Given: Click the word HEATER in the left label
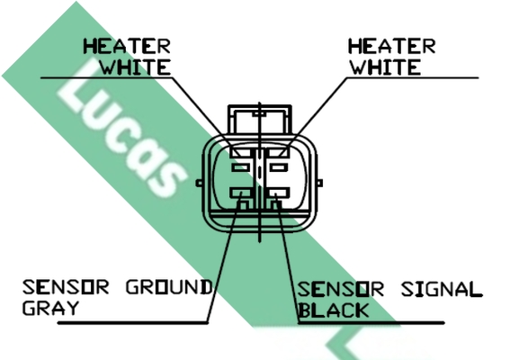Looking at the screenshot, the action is (127, 46).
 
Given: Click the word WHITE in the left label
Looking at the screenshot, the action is (135, 67).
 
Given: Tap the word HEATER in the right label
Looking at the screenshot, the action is (391, 46).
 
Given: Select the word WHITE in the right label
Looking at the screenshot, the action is (386, 67).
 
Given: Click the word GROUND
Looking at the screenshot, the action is (169, 287).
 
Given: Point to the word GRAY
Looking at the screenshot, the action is (50, 308).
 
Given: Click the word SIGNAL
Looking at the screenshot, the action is (442, 290).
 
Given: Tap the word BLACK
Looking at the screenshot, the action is (334, 310).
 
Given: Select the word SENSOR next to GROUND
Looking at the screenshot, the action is (66, 287).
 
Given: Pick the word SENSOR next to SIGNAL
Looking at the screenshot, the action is (341, 290).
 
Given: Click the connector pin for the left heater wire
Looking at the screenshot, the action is (241, 152).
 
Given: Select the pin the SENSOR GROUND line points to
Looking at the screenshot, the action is (241, 193).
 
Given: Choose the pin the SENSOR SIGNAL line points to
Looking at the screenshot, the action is (279, 193).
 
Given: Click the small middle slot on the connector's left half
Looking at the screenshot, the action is (241, 168).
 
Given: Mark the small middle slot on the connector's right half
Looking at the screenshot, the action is (279, 168).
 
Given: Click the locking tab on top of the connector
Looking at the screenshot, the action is (260, 119).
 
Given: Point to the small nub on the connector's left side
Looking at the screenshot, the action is (199, 184).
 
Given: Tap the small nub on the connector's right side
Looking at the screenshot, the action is (319, 184).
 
